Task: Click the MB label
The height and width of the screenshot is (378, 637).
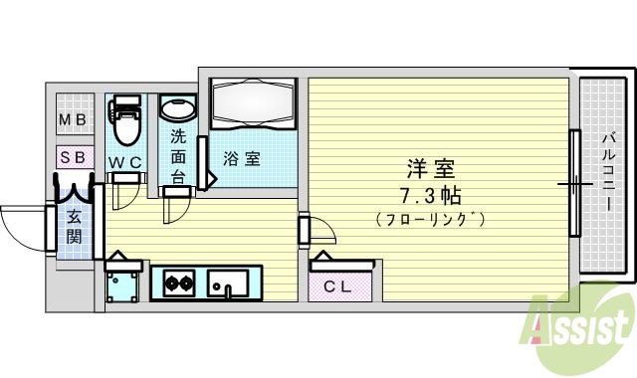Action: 73,120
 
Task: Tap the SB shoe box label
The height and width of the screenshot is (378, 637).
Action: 73,157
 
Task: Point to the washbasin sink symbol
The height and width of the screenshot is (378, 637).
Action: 178,108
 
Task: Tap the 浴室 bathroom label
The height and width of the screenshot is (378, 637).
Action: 241,158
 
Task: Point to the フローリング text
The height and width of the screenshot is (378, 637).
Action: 431,219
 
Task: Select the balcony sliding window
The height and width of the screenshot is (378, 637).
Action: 574,184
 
